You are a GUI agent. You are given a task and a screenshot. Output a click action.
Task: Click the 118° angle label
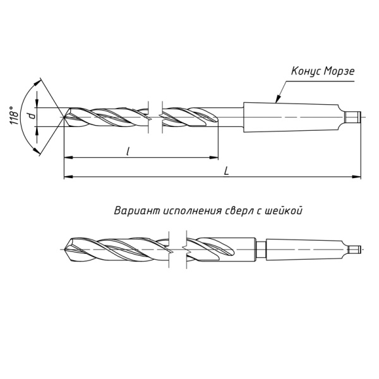tap(14, 116)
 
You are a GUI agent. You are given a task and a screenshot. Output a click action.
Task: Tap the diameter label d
tap(32, 116)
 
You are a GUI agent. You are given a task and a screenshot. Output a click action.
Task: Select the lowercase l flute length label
tap(128, 152)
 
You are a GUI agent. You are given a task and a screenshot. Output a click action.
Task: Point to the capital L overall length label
tap(227, 171)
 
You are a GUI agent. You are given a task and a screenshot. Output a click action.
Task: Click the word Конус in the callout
tap(306, 71)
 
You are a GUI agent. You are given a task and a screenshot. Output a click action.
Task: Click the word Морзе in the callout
tap(339, 71)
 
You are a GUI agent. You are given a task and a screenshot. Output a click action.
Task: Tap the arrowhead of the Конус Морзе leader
tap(278, 99)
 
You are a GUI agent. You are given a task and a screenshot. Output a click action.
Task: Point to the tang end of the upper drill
tap(353, 117)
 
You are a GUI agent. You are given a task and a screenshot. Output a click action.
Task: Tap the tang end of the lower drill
tap(355, 250)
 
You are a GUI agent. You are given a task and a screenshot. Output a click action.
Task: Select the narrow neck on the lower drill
tap(261, 250)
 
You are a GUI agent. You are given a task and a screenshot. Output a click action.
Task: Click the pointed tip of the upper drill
tap(64, 117)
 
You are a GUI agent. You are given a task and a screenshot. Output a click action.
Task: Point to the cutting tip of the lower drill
tap(66, 250)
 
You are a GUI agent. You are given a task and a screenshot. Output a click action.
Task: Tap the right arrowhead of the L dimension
tap(356, 177)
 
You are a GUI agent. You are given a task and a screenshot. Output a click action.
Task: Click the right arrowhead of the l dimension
tap(214, 157)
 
